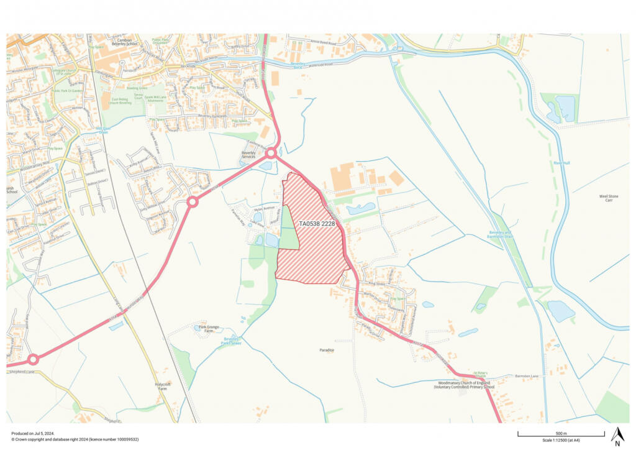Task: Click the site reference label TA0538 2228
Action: pos(317,223)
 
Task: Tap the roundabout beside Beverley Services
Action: pos(271,153)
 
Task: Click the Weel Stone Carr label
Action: pos(608,199)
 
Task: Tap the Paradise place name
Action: pos(327,350)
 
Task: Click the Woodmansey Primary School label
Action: pos(465,384)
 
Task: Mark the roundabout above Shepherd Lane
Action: pos(33,359)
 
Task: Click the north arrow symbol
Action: pos(617,436)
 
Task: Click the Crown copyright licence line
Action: pos(75,439)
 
